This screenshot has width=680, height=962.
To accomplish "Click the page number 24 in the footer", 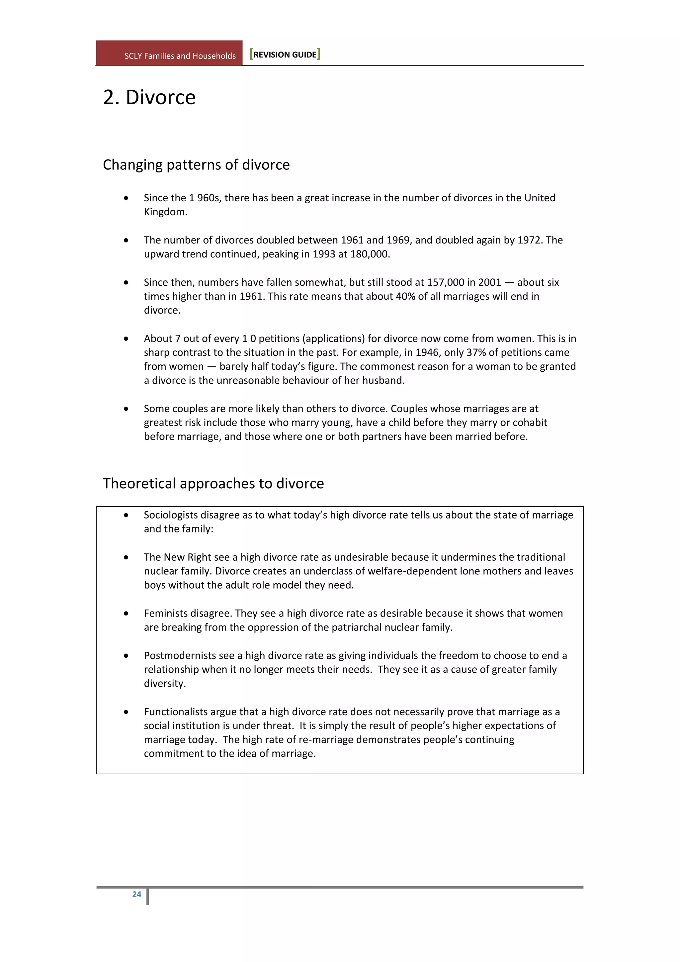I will [x=136, y=895].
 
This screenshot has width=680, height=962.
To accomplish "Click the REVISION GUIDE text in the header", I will [x=285, y=55].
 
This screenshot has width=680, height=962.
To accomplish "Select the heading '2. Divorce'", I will [x=149, y=98].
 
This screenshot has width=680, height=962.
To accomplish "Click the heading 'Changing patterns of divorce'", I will [x=196, y=165].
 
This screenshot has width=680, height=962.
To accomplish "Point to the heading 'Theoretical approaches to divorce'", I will [x=213, y=484].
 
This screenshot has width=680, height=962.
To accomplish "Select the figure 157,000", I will [x=445, y=282].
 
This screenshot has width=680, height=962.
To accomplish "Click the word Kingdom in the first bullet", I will [x=165, y=212].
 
